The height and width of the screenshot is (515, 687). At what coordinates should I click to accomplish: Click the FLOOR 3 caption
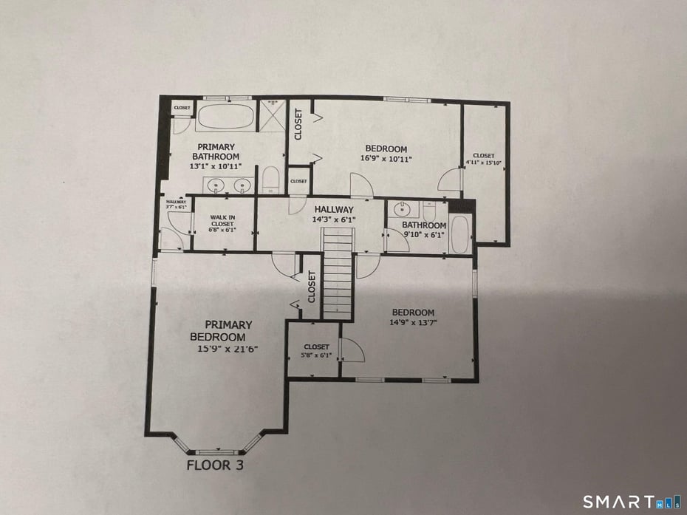click(x=215, y=465)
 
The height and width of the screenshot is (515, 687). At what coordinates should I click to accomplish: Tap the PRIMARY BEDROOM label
click(x=222, y=330)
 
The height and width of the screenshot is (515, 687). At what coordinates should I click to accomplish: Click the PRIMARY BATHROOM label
click(x=216, y=151)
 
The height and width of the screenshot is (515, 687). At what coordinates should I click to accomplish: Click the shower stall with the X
click(x=272, y=117)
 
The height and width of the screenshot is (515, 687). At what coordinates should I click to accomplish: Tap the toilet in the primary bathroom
click(x=271, y=180)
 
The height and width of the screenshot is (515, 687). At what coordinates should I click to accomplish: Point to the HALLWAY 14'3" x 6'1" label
click(x=335, y=214)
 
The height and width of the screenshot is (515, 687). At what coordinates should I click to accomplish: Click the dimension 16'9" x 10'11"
click(x=386, y=158)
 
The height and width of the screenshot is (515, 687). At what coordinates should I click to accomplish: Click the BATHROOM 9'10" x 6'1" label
click(x=424, y=229)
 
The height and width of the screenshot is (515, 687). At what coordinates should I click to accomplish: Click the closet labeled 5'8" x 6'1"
click(x=316, y=350)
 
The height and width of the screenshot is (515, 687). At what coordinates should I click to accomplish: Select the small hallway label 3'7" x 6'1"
click(x=176, y=205)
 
